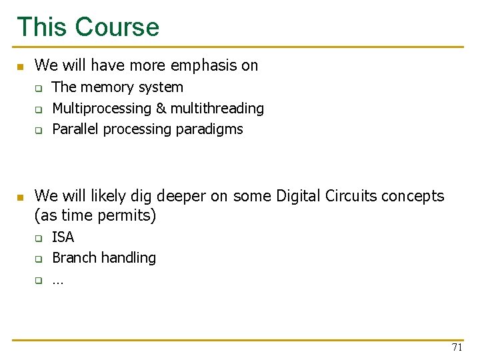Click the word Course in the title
(x=117, y=27)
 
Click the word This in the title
(x=42, y=27)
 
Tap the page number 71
(x=457, y=347)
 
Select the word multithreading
(x=216, y=108)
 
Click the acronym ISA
(x=63, y=237)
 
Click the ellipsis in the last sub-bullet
(x=57, y=281)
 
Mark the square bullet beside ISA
(x=39, y=238)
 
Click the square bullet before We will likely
(x=20, y=197)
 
